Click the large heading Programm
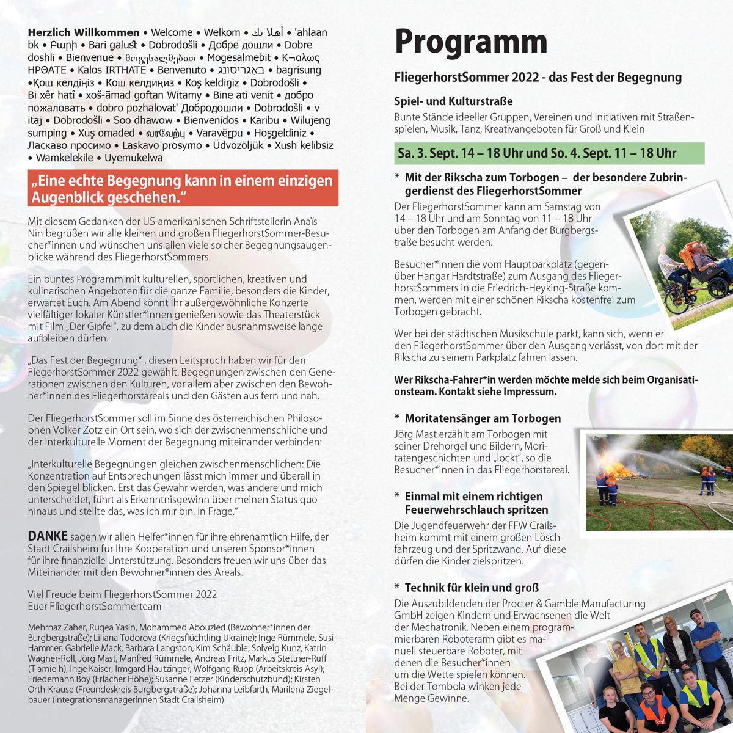[x=470, y=42]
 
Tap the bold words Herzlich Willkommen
[x=84, y=32]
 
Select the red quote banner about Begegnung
[x=183, y=189]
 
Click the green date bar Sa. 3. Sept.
[x=549, y=153]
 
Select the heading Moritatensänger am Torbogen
[x=483, y=418]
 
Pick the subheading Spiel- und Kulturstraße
[x=453, y=101]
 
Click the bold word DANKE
[x=48, y=536]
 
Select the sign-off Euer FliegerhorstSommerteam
[x=95, y=606]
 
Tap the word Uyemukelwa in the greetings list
[x=134, y=158]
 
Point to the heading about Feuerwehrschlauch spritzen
[x=476, y=503]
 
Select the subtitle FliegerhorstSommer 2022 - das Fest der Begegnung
[x=538, y=78]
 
